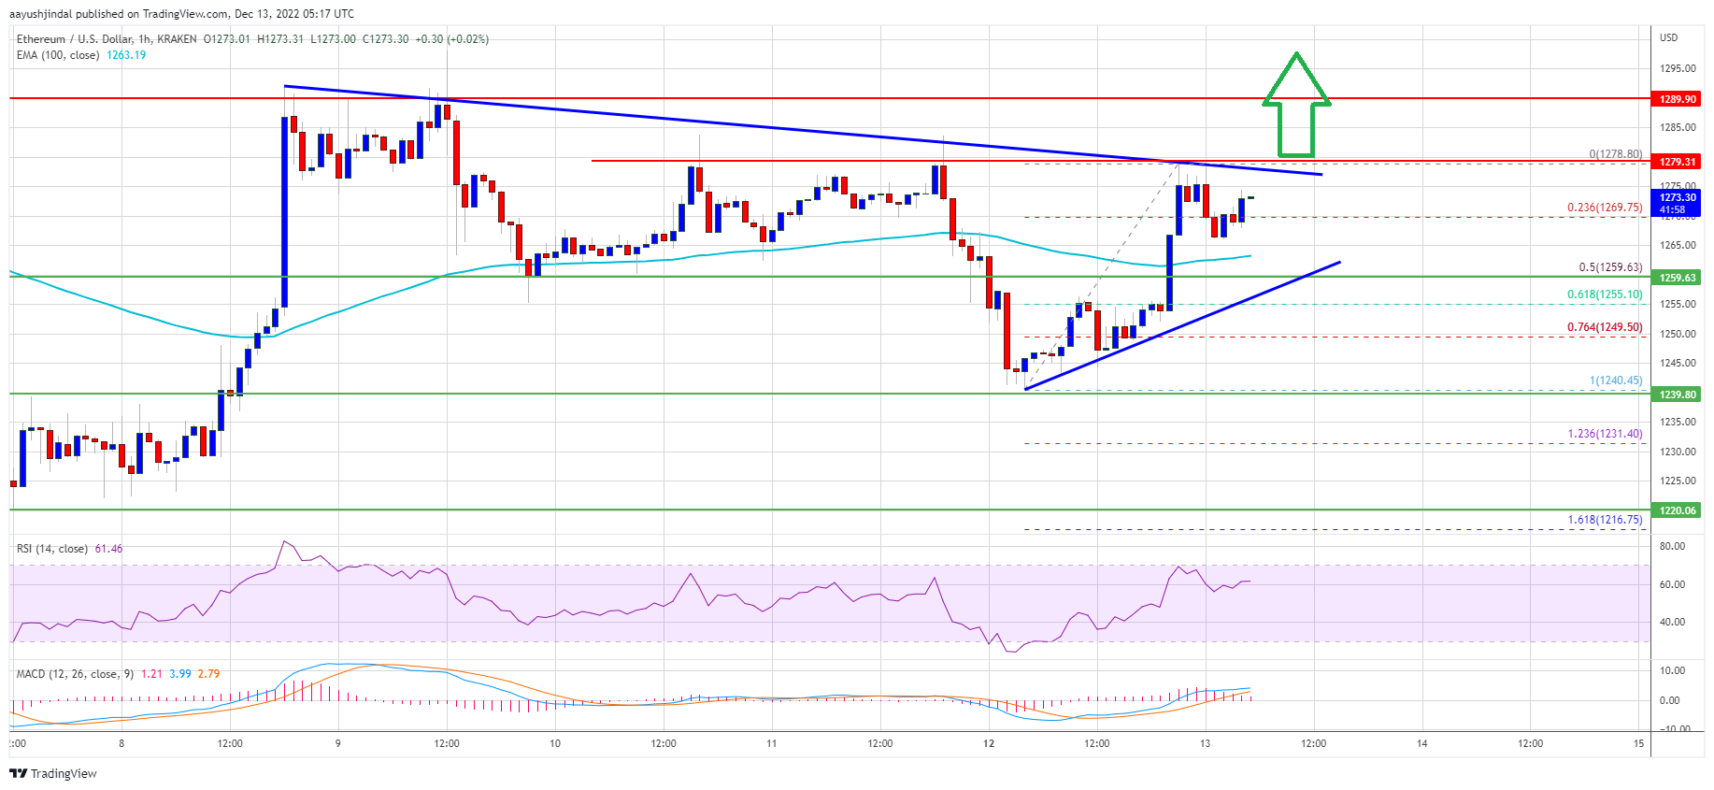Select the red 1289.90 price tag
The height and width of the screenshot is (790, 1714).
(x=1678, y=99)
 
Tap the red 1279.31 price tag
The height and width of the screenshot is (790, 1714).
(x=1678, y=162)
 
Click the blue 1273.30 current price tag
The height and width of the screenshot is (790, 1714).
(x=1678, y=203)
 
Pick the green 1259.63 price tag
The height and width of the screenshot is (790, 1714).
(x=1678, y=278)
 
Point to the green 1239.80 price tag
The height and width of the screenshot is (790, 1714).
(x=1678, y=395)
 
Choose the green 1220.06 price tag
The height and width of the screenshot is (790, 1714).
(x=1678, y=510)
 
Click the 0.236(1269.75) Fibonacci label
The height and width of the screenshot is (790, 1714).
(x=1604, y=208)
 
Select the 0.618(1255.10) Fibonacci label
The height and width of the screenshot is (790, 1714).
(x=1604, y=294)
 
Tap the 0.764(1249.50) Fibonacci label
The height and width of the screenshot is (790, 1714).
(x=1604, y=327)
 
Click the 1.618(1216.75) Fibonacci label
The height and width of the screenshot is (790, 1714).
(x=1604, y=520)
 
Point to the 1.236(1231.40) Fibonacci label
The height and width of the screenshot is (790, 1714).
(x=1604, y=434)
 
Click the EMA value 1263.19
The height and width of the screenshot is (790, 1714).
(x=126, y=55)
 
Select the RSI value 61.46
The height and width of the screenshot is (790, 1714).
(x=108, y=549)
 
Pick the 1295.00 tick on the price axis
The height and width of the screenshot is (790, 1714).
(x=1678, y=68)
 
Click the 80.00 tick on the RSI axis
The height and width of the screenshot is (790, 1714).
(x=1672, y=546)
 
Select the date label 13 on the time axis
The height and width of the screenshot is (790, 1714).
(x=1206, y=744)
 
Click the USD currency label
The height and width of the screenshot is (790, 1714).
(x=1668, y=37)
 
